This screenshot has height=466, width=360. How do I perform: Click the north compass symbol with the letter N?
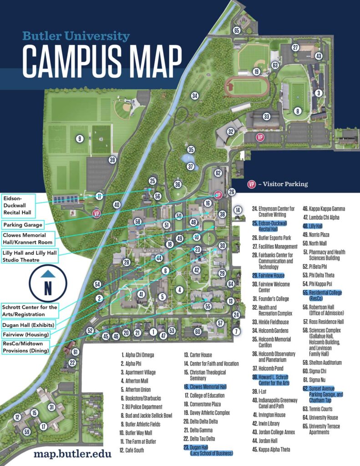(x=48, y=284)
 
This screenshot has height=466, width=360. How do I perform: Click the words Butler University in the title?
(x=76, y=36)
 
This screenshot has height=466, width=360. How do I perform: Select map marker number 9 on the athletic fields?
(x=80, y=139)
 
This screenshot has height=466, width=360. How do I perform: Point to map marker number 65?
(x=236, y=30)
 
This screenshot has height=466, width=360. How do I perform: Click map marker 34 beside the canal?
(x=195, y=96)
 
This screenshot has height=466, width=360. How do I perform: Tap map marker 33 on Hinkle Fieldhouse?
(x=267, y=116)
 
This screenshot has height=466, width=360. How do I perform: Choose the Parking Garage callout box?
(x=23, y=225)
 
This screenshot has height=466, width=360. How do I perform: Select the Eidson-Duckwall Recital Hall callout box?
(x=19, y=205)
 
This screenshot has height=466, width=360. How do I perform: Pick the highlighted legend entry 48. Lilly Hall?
(x=312, y=226)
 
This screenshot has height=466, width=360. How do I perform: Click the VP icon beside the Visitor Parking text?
(x=251, y=184)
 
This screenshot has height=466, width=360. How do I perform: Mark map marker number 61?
(x=76, y=352)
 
